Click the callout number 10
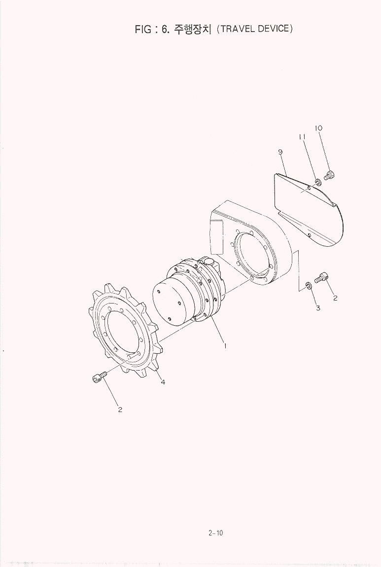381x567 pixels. [x=318, y=128]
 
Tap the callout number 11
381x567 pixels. [x=302, y=137]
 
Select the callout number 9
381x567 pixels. [x=280, y=152]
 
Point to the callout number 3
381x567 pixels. [x=318, y=308]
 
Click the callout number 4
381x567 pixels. [x=163, y=382]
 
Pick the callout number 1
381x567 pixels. [x=225, y=346]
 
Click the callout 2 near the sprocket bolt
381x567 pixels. [x=120, y=410]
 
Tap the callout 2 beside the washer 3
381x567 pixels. [x=335, y=299]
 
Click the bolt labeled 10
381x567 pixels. [x=329, y=175]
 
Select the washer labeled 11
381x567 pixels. [x=317, y=182]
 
